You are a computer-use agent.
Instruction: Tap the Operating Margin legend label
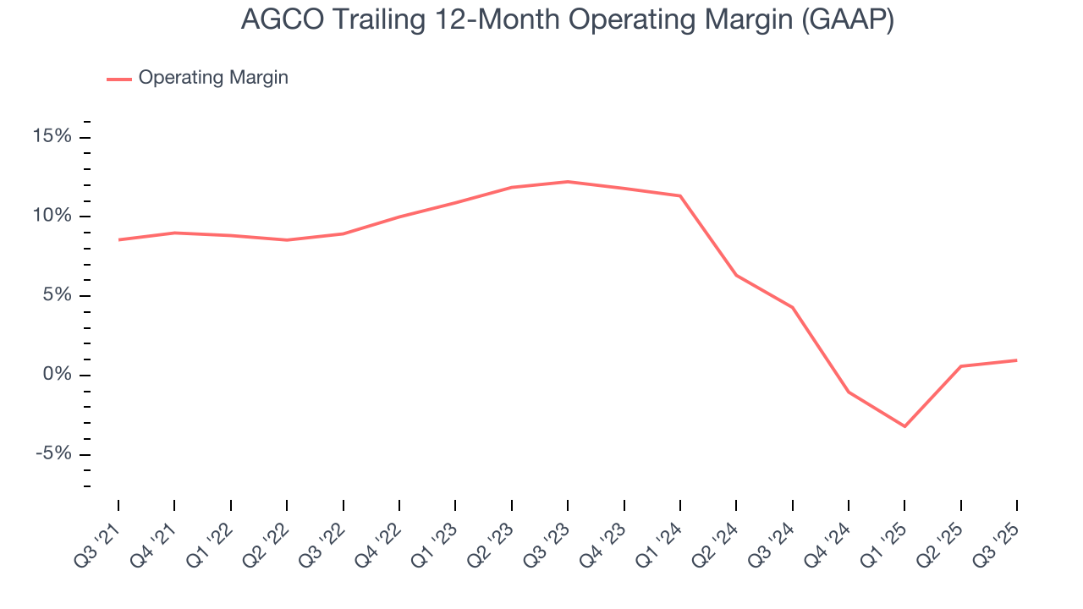tap(213, 78)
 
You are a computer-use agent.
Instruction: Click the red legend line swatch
tap(118, 79)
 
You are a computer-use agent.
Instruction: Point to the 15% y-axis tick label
tap(52, 137)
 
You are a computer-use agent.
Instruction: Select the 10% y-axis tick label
tap(52, 217)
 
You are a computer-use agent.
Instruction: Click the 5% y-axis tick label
tap(57, 296)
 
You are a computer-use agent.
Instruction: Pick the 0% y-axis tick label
tap(57, 375)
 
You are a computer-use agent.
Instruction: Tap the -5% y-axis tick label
tap(53, 454)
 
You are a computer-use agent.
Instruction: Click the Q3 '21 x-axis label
tap(99, 535)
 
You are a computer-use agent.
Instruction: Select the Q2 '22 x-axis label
tap(267, 535)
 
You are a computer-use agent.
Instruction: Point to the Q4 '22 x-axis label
tap(380, 535)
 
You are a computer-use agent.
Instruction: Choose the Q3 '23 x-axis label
tap(548, 535)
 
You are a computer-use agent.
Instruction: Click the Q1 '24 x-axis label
tap(661, 535)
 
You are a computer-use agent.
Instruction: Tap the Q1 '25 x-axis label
tap(885, 535)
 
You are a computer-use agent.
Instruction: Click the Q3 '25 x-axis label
tap(998, 535)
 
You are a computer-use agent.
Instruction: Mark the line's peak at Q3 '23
tap(568, 181)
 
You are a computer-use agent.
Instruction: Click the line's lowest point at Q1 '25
tap(904, 426)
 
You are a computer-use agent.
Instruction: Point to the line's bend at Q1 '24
tap(680, 195)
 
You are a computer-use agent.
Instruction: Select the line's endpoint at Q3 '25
tap(1016, 360)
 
